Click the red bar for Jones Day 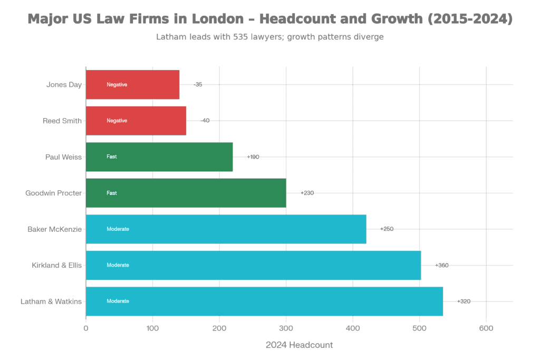133,85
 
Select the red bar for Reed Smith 136,121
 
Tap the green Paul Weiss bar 159,157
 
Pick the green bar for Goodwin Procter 186,193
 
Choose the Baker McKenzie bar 226,229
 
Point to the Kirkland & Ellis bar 253,265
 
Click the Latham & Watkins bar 264,301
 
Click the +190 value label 253,157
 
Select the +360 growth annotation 441,265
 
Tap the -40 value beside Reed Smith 205,121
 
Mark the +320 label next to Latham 464,301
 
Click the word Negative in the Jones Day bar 117,85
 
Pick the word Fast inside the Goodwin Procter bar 112,193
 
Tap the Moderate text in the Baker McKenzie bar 118,229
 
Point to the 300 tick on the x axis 286,329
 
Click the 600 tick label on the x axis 486,329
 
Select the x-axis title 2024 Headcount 299,345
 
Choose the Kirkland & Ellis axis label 56,265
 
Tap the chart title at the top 270,20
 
